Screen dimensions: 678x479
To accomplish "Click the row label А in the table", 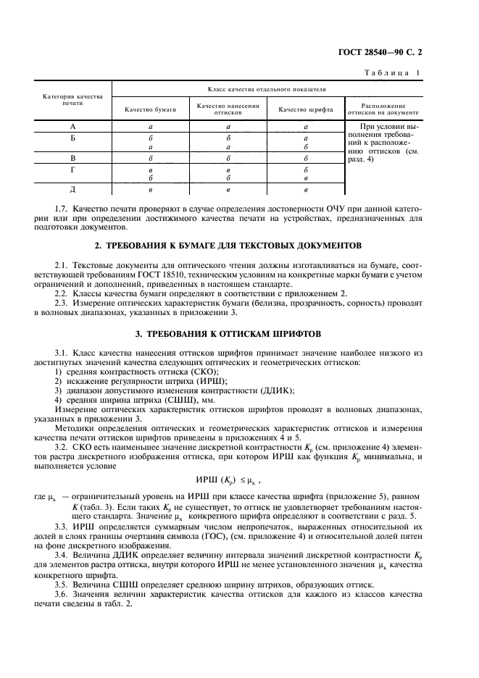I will [72, 126].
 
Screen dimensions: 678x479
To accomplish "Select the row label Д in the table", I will [72, 190].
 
